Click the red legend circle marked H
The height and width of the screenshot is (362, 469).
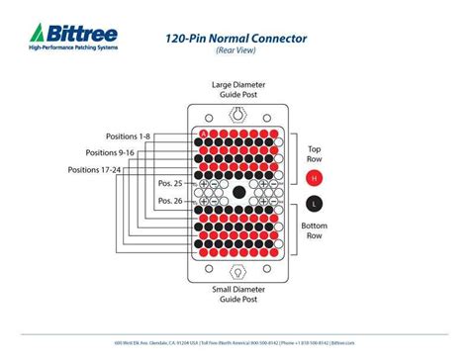[314, 179]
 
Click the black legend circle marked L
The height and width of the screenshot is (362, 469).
[314, 204]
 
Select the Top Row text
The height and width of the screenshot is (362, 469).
[314, 152]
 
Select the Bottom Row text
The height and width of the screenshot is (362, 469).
[315, 231]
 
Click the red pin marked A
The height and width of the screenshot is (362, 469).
[205, 133]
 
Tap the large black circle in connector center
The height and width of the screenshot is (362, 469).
[238, 192]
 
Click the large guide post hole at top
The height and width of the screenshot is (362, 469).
[237, 116]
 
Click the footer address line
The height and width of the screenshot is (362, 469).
[234, 341]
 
